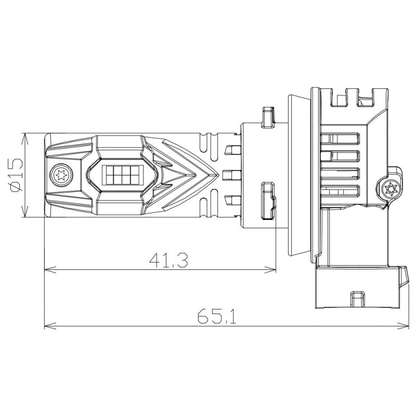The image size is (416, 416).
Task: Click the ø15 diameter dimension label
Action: (x=16, y=175)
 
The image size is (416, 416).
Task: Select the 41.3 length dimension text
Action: (x=168, y=260)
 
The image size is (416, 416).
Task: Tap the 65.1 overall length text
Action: (x=217, y=316)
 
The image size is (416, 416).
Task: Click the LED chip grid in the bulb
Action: (x=122, y=175)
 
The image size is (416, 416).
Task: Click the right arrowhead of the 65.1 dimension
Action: (x=402, y=326)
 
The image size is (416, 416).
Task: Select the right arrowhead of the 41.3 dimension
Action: (x=270, y=270)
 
